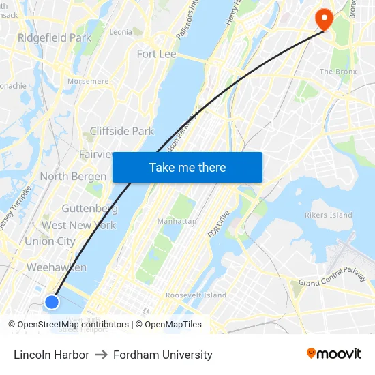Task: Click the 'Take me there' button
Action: pos(187,167)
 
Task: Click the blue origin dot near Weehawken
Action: pos(52,301)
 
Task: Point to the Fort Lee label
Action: pos(156,54)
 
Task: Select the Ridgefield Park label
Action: pos(55,37)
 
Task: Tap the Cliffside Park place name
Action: pos(122,131)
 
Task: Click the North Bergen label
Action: pos(73,177)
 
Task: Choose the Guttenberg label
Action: pos(89,208)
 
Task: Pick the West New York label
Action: pos(78,225)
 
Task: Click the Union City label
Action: pos(50,241)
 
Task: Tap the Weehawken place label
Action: pos(57,267)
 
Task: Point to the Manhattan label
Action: pos(177,221)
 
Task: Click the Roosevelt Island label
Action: pos(196,295)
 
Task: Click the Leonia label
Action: pos(121,31)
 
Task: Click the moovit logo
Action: pos(333,354)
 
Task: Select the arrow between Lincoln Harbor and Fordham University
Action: pos(101,355)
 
